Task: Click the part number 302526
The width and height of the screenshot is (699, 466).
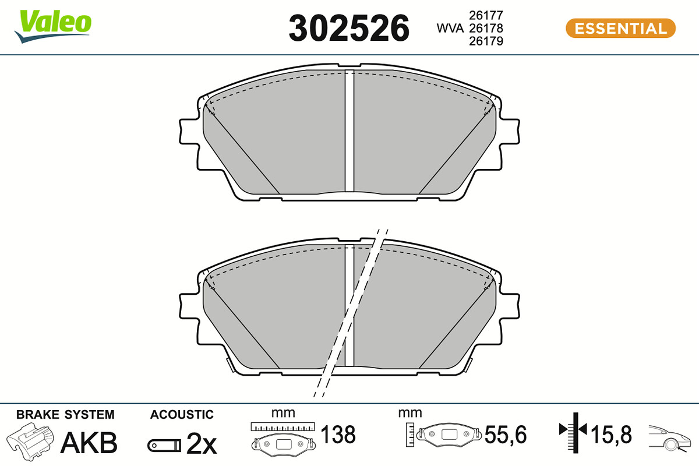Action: tap(348, 28)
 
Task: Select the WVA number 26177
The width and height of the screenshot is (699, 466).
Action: tap(486, 15)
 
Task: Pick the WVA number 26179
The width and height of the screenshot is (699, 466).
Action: tap(486, 41)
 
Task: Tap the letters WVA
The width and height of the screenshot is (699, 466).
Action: tap(450, 28)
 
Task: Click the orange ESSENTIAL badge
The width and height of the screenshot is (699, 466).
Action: tap(621, 28)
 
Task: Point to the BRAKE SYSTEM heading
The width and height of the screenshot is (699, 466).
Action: tap(65, 415)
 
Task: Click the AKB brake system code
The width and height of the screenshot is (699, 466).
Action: tap(89, 443)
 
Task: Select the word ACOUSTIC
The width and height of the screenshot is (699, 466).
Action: tap(182, 415)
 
